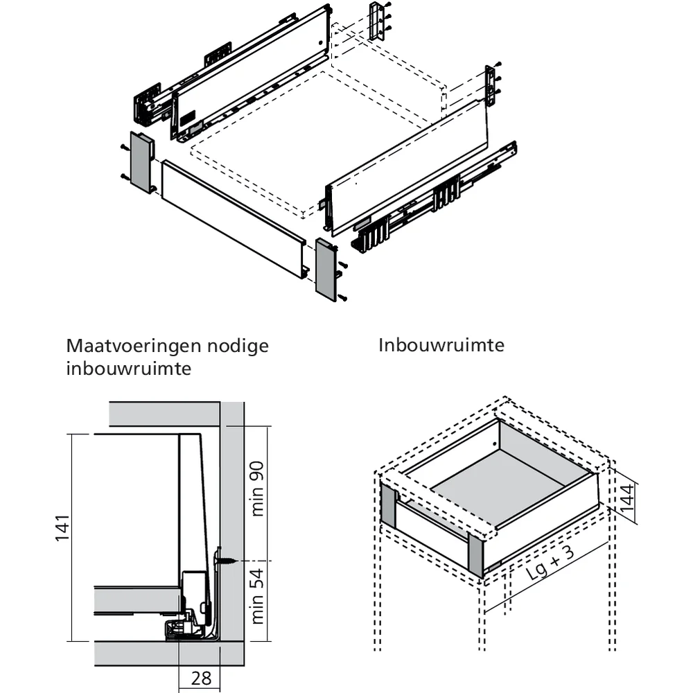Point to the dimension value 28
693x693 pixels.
(x=201, y=678)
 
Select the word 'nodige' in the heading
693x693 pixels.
(x=238, y=345)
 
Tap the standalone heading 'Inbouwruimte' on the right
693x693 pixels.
(x=441, y=344)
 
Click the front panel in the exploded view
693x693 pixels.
(x=232, y=218)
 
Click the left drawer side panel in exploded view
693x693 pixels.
(x=249, y=69)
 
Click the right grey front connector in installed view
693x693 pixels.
(x=476, y=554)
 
